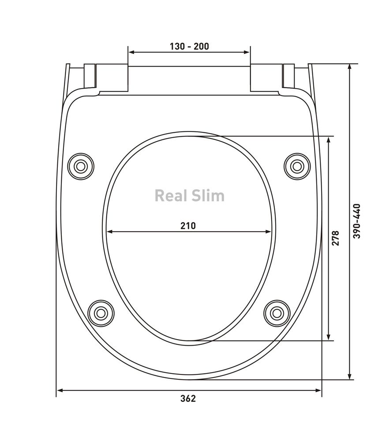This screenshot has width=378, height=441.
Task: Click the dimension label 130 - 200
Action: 189,46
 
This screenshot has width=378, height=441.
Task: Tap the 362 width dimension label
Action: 188,398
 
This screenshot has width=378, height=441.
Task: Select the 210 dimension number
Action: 188,225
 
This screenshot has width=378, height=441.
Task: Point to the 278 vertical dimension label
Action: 336,238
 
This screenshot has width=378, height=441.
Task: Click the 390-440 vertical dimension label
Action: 357,221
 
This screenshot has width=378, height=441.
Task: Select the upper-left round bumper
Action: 81,166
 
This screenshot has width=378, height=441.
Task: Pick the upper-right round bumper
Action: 297,166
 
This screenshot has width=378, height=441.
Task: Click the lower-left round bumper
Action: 101,313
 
